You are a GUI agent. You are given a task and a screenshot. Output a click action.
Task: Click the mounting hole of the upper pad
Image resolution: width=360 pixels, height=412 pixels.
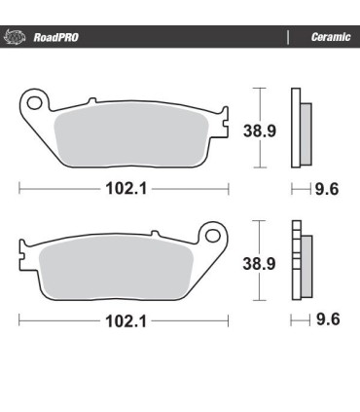35,100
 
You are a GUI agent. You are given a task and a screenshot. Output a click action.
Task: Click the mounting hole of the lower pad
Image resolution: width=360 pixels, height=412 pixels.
209,235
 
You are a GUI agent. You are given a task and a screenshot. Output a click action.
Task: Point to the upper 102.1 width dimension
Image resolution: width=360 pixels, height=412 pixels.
124,185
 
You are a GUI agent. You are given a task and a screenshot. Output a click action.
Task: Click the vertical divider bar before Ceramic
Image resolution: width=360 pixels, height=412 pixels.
289,38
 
